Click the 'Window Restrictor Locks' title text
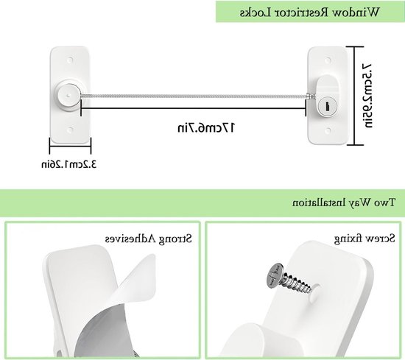(310, 13)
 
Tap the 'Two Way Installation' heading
(344, 202)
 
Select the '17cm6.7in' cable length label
(206, 128)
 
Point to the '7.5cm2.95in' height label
(367, 96)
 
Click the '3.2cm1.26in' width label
(69, 164)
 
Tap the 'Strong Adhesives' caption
(149, 239)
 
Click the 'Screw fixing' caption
(364, 239)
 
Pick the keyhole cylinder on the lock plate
(327, 106)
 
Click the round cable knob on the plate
(68, 96)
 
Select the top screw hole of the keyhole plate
(328, 60)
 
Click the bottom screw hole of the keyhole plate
(328, 131)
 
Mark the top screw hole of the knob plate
(70, 60)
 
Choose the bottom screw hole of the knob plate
(70, 130)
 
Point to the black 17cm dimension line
(193, 108)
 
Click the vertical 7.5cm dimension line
(355, 96)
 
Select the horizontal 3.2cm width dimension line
(70, 147)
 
